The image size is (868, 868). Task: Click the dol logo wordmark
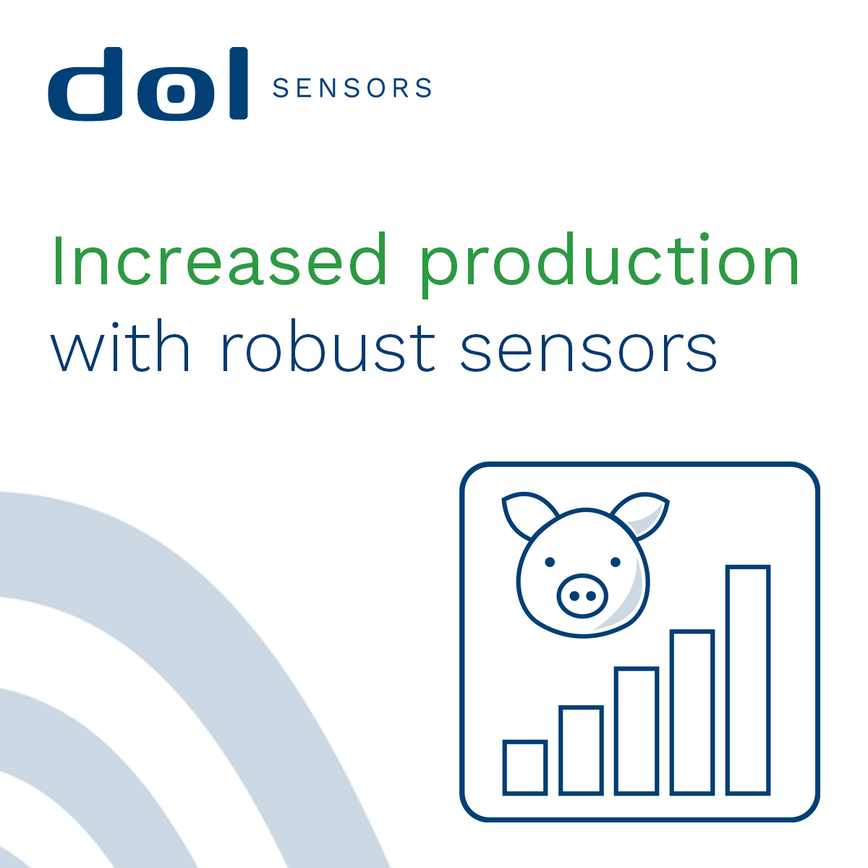point(148,84)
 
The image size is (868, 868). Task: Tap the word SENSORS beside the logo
point(352,88)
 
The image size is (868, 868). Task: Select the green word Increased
point(219,260)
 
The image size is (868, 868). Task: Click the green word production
point(610,265)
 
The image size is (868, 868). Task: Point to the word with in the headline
point(120,345)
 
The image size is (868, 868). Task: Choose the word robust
point(328,345)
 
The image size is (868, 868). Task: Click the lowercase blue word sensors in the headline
point(588,351)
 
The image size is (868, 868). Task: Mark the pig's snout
point(582,595)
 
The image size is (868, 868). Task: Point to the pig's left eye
point(550,562)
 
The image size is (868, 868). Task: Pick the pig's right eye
point(616,562)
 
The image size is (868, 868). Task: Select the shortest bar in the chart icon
point(524,767)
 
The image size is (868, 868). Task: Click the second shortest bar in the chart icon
point(581,750)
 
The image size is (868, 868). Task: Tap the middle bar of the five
point(637,731)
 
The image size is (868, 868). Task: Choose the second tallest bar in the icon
point(692,712)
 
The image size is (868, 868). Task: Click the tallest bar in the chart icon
point(748,680)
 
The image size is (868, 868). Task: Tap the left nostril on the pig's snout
point(574,596)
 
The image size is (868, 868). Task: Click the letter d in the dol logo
point(85,84)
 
